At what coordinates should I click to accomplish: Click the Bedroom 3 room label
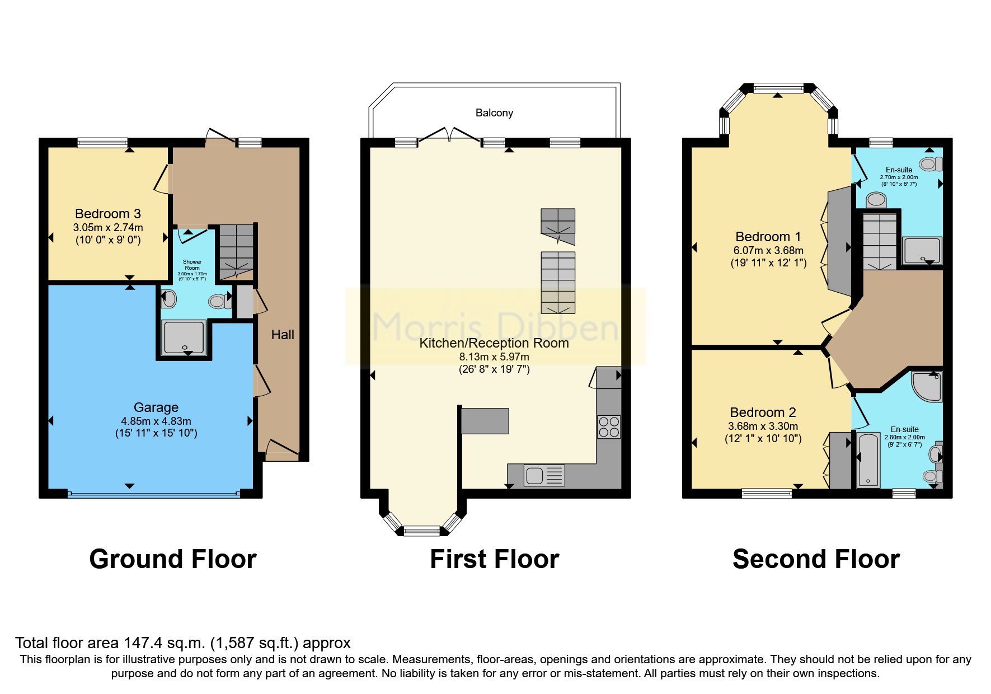(x=107, y=214)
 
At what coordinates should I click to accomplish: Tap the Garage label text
(x=156, y=407)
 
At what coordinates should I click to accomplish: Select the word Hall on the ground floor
(x=283, y=335)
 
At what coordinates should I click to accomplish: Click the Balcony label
(x=494, y=113)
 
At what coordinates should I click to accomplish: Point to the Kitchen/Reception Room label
(x=494, y=343)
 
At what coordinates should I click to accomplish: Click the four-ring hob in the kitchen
(x=609, y=427)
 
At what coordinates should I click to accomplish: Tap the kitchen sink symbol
(x=544, y=476)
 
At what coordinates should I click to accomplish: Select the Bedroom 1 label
(x=768, y=237)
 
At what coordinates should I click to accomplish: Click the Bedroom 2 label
(x=763, y=412)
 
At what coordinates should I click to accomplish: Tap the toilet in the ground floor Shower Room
(x=219, y=302)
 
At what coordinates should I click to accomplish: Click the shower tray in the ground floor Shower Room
(x=184, y=337)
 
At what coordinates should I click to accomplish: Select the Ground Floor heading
(x=173, y=559)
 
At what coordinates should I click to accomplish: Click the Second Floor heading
(x=816, y=559)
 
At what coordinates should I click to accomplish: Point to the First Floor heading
(x=494, y=559)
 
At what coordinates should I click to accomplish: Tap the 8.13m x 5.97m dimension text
(x=494, y=357)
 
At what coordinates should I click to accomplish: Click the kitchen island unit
(x=485, y=421)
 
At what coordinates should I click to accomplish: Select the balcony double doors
(x=449, y=134)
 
